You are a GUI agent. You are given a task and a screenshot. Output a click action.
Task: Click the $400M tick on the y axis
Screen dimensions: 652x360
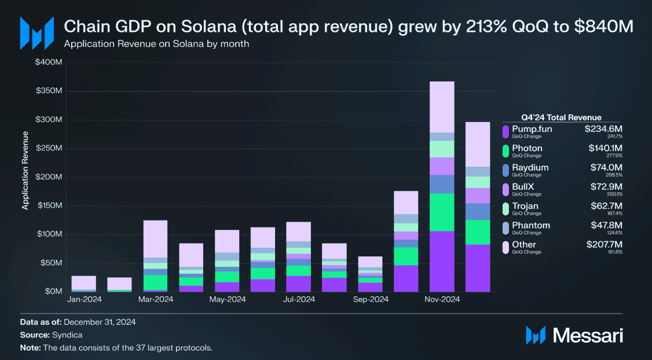(x=49, y=63)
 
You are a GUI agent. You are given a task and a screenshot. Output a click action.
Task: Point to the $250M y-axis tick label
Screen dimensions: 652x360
(x=49, y=148)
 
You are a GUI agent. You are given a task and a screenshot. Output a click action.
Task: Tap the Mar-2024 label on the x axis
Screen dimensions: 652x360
(x=156, y=299)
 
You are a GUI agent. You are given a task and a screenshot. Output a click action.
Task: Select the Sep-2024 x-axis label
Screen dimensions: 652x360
(x=371, y=299)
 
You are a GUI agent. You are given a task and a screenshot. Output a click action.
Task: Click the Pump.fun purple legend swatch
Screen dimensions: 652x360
(x=506, y=132)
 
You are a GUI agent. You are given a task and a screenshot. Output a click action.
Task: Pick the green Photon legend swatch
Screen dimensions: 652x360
(x=506, y=151)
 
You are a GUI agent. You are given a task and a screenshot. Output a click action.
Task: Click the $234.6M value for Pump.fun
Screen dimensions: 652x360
(x=603, y=129)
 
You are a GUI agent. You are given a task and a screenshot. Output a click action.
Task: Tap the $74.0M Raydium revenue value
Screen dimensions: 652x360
(x=606, y=167)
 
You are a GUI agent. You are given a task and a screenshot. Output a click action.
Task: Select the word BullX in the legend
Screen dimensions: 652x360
(x=523, y=186)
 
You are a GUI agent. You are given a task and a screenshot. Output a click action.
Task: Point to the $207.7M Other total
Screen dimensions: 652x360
(x=604, y=244)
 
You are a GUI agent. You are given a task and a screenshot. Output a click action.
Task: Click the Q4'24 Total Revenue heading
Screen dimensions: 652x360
(x=561, y=117)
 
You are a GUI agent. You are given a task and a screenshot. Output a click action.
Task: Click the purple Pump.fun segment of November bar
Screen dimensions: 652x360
(x=442, y=261)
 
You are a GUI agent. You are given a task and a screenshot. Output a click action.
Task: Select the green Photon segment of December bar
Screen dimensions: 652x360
(x=478, y=232)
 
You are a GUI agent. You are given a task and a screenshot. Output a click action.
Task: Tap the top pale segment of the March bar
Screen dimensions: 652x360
(x=156, y=239)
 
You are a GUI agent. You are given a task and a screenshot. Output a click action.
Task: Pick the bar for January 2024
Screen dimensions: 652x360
(x=83, y=284)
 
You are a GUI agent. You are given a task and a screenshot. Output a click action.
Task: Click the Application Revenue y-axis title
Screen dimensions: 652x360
(x=25, y=170)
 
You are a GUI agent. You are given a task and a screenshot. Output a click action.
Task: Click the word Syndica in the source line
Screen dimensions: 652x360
(x=67, y=335)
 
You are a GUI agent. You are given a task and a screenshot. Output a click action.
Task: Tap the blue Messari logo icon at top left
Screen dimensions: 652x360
(x=37, y=33)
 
